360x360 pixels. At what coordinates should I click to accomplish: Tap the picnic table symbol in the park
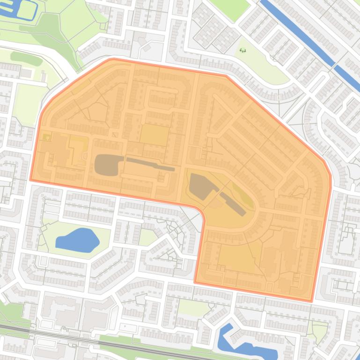(x=242, y=50)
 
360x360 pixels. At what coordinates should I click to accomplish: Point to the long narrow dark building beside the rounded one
(x=150, y=164)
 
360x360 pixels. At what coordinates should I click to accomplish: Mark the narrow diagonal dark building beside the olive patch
(x=233, y=204)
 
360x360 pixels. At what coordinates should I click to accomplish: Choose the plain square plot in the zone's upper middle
(x=154, y=135)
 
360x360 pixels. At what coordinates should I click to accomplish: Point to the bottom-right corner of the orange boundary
(x=312, y=300)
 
